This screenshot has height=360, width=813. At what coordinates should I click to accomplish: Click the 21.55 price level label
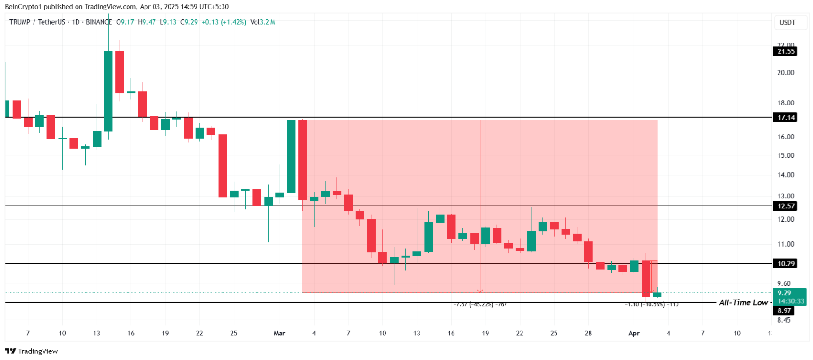786,51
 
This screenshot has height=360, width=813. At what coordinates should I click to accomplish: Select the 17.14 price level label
786,117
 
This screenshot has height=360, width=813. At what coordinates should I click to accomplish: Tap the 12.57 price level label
786,206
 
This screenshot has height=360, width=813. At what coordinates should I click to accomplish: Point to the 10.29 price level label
786,264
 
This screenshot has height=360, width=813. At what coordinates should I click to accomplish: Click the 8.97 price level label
784,310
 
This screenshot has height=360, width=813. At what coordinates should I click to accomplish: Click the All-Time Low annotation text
743,302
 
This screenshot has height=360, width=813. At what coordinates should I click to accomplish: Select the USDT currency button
787,22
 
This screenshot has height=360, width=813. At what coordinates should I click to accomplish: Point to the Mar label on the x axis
279,333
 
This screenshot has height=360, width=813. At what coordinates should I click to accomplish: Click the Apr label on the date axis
633,333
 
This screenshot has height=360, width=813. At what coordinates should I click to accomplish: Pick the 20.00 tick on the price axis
786,73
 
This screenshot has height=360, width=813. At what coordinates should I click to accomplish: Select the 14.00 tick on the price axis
786,175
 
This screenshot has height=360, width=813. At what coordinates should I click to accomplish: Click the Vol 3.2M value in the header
263,22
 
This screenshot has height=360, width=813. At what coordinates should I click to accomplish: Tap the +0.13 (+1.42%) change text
224,22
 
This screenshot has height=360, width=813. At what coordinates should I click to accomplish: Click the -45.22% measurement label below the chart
480,304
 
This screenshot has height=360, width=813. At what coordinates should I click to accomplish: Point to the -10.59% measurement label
651,304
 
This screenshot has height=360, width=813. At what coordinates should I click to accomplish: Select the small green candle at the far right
657,294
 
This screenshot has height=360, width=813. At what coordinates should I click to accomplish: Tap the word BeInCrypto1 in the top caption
23,7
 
